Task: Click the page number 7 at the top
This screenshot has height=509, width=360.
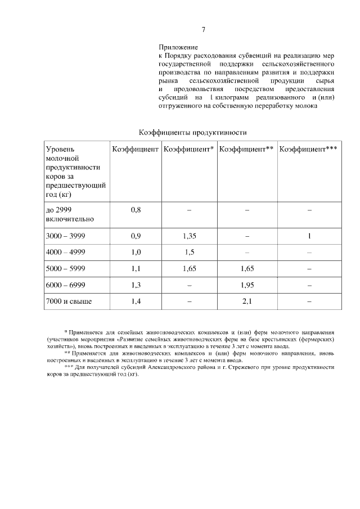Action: point(204,30)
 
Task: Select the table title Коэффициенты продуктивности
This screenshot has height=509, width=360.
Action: point(193,132)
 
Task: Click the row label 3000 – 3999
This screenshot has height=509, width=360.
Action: point(65,236)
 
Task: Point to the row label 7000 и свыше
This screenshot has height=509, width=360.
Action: point(69,301)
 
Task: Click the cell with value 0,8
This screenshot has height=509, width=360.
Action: point(136,209)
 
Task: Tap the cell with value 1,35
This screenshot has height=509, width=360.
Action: point(189,236)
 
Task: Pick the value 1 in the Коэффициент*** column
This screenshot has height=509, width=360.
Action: point(309,236)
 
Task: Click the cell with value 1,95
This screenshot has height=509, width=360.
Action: point(247,285)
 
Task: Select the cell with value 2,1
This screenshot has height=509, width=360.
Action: point(247,301)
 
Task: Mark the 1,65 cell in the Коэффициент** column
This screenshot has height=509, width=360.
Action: point(247,269)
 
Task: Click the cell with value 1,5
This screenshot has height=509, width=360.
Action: point(189,252)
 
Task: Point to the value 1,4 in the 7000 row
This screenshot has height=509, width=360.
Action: point(136,301)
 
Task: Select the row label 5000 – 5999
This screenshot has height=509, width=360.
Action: point(65,269)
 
